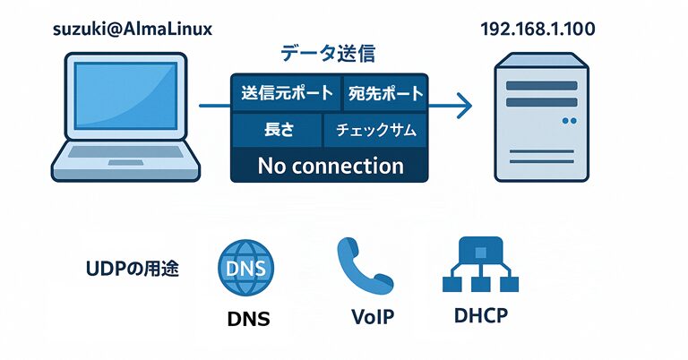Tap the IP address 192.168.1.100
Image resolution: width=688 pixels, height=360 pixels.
point(537,30)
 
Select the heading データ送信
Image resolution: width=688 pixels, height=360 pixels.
point(328,55)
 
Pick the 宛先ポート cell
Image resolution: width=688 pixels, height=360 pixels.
point(384,92)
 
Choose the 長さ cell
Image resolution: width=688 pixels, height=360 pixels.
point(274,130)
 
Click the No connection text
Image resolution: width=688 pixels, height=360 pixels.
point(330,166)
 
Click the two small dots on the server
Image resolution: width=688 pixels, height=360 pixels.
point(568,119)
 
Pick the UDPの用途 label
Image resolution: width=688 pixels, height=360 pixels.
point(132,268)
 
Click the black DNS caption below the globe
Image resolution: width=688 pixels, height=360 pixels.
point(246,318)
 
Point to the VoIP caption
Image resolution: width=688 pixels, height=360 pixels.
point(365,318)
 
